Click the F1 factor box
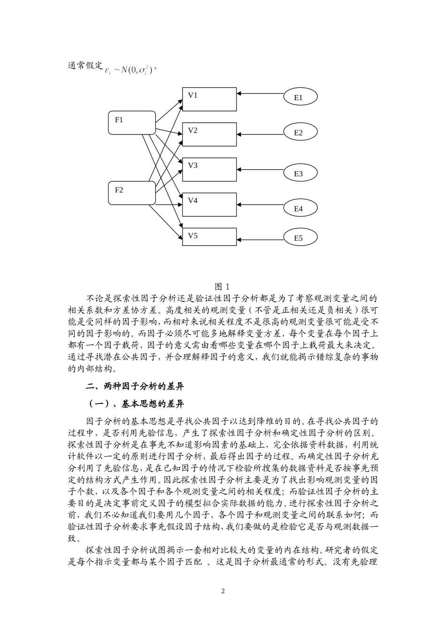point(131,123)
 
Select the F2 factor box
point(131,193)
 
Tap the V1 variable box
point(209,99)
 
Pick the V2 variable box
point(209,134)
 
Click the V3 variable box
point(209,169)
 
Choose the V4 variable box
point(209,205)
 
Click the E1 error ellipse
point(300,97)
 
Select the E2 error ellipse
point(300,133)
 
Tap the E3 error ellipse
point(300,173)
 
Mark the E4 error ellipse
point(300,208)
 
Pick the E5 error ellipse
point(300,237)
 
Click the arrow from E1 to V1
point(260,94)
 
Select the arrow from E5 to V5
point(260,234)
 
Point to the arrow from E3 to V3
point(260,169)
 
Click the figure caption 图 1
point(222,286)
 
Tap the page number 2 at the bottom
point(223,591)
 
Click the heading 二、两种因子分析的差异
point(135,387)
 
